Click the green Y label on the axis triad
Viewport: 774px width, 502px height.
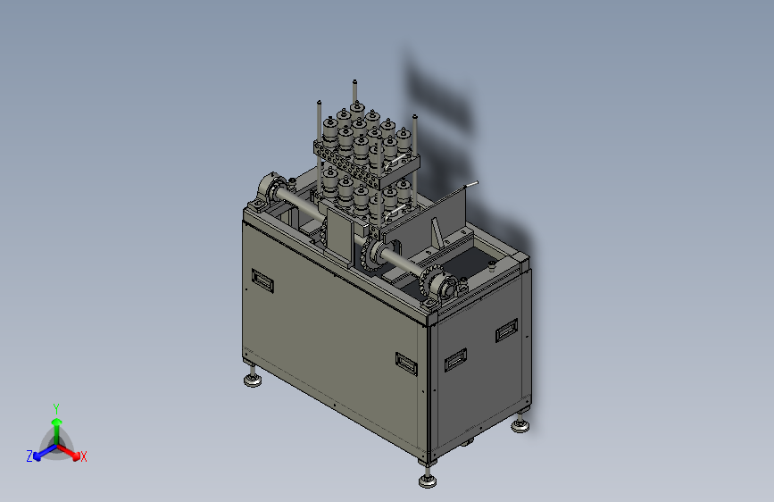pos(56,408)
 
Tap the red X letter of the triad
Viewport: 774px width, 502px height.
pos(83,456)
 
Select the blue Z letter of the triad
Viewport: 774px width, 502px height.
pos(29,456)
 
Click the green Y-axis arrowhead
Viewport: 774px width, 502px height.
pos(57,422)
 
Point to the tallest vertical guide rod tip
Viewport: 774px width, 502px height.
pos(354,81)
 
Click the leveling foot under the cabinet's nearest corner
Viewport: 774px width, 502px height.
pos(428,480)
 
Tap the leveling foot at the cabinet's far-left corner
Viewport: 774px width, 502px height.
pos(253,379)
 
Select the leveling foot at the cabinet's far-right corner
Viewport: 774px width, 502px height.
pos(520,425)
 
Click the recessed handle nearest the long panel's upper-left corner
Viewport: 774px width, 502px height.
pos(262,280)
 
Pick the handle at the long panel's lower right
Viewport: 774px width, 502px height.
pos(406,364)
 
